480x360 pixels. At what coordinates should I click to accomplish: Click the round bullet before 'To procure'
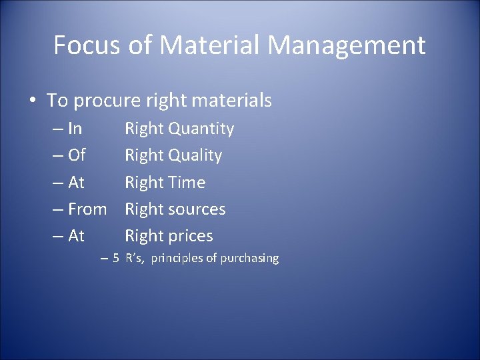pos(33,101)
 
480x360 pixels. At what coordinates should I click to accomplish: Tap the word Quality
pos(195,155)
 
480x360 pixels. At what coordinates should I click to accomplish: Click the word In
pos(75,129)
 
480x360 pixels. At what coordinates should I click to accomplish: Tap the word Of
pos(77,155)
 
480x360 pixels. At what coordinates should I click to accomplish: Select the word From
pos(87,209)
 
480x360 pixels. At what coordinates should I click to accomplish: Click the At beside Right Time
pos(76,182)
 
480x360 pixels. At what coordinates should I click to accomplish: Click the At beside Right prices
pos(76,235)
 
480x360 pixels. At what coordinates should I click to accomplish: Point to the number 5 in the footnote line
pos(115,257)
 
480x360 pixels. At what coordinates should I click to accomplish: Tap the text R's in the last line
pos(134,257)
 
